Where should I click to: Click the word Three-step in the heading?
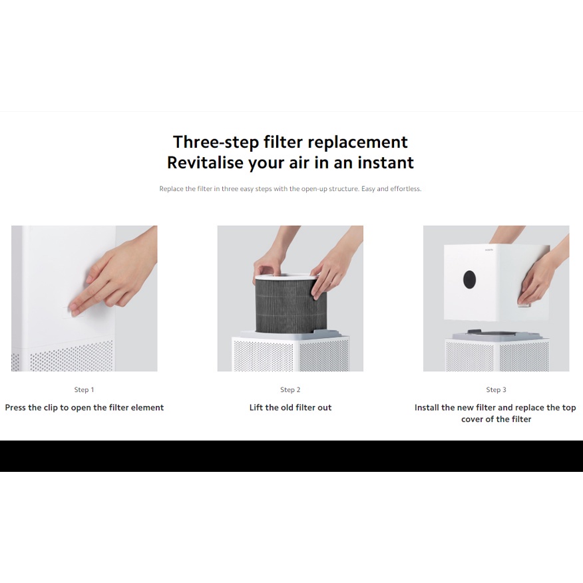click(216, 142)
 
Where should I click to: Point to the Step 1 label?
click(84, 389)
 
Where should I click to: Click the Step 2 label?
click(290, 389)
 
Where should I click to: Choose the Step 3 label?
click(496, 389)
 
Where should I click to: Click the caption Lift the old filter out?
click(290, 407)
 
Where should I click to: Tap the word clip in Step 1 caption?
click(51, 408)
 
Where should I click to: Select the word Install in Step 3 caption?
click(427, 407)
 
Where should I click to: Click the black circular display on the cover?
click(470, 279)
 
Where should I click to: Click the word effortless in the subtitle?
click(406, 189)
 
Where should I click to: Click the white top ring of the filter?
click(286, 278)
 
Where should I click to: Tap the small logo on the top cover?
click(489, 250)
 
